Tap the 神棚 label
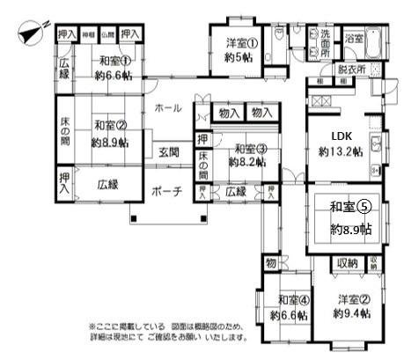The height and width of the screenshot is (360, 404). [x=89, y=34]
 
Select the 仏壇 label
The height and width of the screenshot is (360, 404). [x=107, y=34]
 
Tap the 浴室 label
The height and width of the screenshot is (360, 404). [x=355, y=39]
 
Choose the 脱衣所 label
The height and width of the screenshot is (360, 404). [x=352, y=69]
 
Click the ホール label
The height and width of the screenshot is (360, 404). [x=168, y=108]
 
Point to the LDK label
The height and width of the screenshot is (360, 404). [x=342, y=136]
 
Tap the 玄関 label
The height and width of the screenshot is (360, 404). [x=170, y=151]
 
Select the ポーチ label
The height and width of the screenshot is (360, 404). [x=167, y=190]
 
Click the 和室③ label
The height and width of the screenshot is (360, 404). [x=251, y=147]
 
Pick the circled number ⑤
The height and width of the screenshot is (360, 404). [x=364, y=209]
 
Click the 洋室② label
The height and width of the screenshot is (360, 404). [x=349, y=299]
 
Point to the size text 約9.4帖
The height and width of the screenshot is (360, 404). [x=349, y=314]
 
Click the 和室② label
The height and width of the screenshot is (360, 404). [x=109, y=125]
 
